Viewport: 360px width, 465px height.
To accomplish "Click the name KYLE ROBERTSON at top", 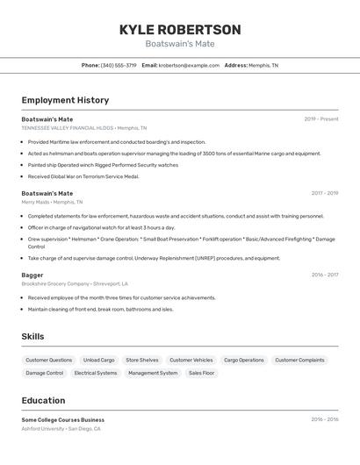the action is pos(180,29).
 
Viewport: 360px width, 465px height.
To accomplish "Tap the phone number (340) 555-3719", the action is pos(119,65).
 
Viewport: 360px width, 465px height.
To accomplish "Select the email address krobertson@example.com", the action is pos(189,65).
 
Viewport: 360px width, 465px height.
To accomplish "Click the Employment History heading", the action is pos(65,100).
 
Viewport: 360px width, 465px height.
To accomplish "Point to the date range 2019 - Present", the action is pos(321,118).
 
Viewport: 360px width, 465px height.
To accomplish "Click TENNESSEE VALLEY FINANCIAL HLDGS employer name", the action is pos(68,127).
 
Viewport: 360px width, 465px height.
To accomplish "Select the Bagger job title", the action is pos(32,275).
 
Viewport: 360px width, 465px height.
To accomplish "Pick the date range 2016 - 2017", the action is pos(324,275).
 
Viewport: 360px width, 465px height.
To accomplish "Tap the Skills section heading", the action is pos(32,336).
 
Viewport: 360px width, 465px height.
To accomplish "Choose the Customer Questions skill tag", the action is pos(49,360).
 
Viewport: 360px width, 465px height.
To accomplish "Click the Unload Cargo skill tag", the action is pos(99,360).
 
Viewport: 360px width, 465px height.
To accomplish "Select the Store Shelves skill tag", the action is pos(142,360).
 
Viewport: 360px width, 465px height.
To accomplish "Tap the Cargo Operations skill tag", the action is pos(244,360).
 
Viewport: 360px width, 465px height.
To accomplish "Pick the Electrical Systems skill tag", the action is pos(96,373).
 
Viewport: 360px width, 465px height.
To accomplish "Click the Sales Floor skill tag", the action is pos(201,373).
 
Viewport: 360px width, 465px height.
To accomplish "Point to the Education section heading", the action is pos(43,400).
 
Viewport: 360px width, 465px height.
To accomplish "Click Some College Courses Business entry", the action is pos(63,419).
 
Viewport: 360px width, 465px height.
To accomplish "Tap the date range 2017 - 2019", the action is pos(324,193).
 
